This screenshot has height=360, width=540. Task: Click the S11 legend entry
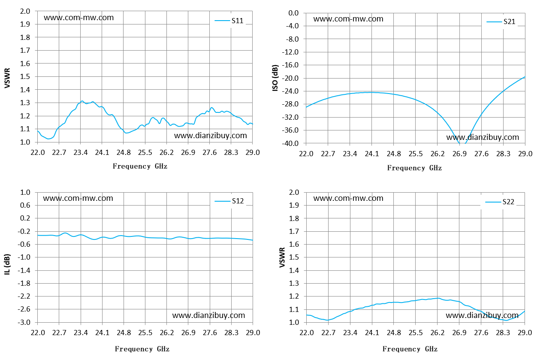[x=229, y=21]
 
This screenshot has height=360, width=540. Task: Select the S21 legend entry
[x=501, y=22]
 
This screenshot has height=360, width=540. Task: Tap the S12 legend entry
[x=229, y=201]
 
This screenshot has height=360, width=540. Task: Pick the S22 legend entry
[x=500, y=202]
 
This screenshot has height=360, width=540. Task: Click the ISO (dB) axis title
[x=275, y=78]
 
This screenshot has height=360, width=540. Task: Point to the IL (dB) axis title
[x=7, y=264]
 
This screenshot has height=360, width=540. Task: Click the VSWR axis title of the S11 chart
[x=7, y=78]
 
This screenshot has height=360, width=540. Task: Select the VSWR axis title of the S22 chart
[x=282, y=257]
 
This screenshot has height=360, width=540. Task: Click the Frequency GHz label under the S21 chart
[x=414, y=168]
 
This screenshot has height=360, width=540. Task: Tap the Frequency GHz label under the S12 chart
[x=142, y=349]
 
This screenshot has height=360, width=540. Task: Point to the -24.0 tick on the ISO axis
[x=292, y=91]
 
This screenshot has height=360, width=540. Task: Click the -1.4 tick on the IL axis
[x=24, y=270]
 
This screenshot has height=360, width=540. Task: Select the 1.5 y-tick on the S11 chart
[x=25, y=76]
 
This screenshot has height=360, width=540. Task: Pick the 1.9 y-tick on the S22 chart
[x=294, y=205]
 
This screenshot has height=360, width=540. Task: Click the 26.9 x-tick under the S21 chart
[x=459, y=154]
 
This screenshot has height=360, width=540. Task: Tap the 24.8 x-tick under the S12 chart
[x=124, y=333]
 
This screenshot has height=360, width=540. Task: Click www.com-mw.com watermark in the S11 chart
[x=78, y=18]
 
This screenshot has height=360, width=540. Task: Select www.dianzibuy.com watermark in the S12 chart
[x=208, y=315]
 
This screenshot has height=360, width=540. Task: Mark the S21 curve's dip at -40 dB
[x=462, y=143]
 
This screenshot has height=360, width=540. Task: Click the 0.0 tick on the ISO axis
[x=293, y=13]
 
